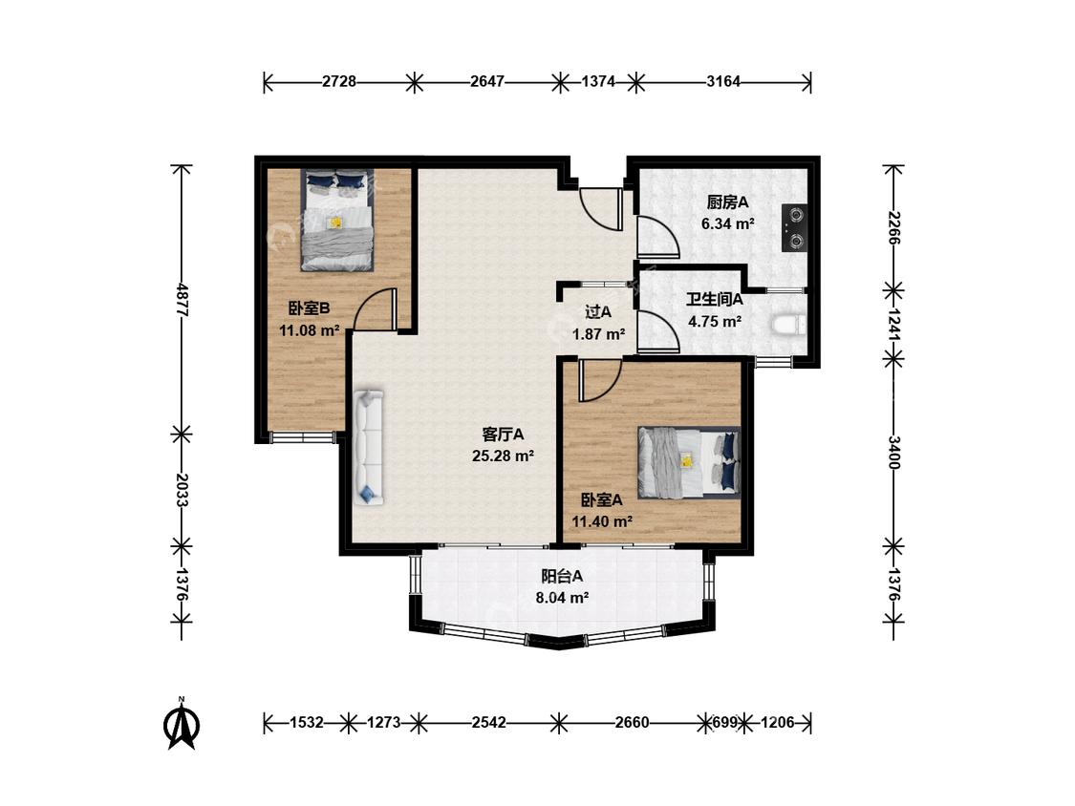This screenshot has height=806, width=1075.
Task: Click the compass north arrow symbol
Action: click(x=182, y=725)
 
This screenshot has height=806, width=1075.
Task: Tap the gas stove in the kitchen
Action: click(x=795, y=228)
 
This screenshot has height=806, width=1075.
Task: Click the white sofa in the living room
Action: click(x=369, y=448)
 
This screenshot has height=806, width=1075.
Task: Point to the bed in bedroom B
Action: click(x=337, y=220)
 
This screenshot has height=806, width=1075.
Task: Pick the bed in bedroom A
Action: click(x=689, y=462)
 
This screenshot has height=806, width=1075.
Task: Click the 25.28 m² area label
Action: click(x=504, y=456)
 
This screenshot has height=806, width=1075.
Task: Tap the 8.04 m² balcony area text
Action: click(x=562, y=598)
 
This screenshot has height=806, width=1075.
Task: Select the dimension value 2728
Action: click(x=339, y=81)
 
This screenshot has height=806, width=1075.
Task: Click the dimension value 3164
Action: click(x=723, y=81)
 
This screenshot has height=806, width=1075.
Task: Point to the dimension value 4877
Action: click(x=183, y=299)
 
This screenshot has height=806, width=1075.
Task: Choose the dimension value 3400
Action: click(x=893, y=453)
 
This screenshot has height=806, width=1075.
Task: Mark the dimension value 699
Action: click(x=725, y=722)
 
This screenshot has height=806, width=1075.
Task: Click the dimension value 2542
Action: click(x=489, y=722)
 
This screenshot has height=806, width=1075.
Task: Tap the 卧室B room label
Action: click(x=309, y=308)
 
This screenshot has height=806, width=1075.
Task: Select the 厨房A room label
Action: click(x=727, y=202)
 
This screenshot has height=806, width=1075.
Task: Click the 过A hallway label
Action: click(x=598, y=312)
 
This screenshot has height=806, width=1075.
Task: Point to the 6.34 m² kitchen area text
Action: click(x=728, y=223)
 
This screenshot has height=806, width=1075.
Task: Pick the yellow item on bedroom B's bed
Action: click(x=336, y=223)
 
